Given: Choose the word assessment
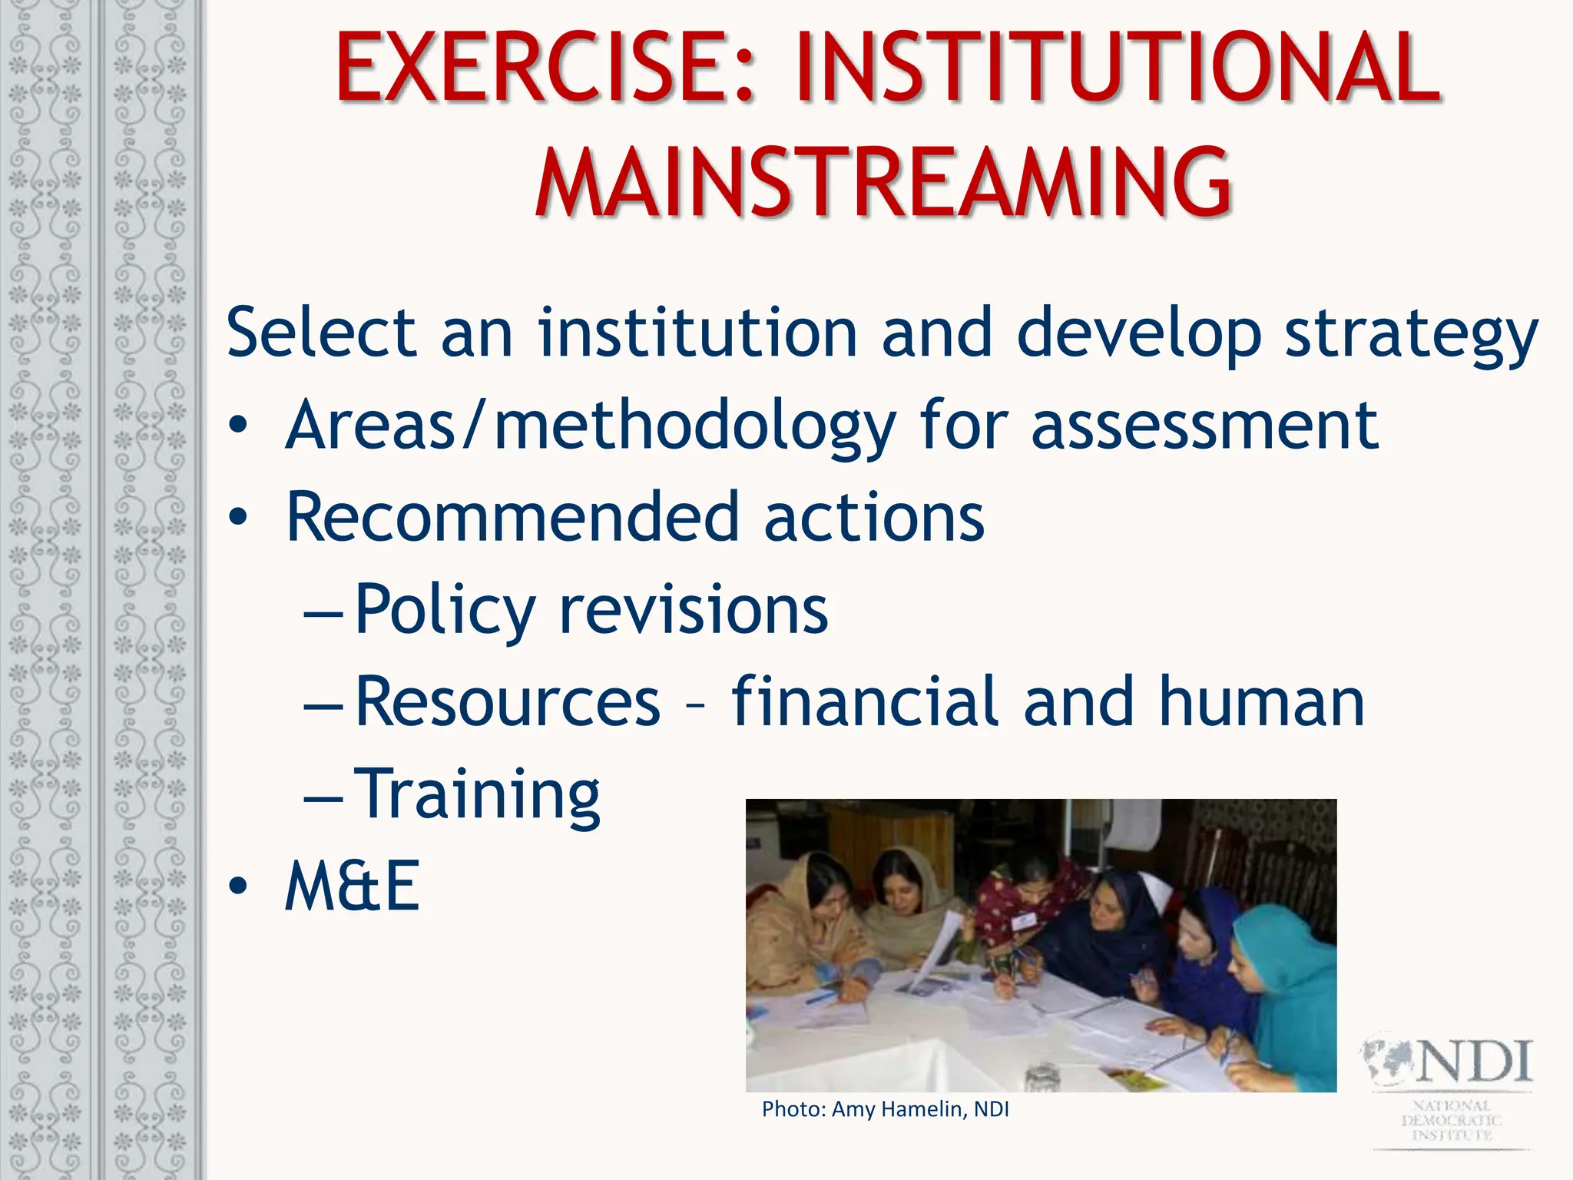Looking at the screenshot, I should [x=1204, y=427].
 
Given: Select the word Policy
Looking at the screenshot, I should [x=445, y=612].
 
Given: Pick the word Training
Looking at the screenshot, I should [x=479, y=794].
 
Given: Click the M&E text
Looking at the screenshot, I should [x=352, y=887].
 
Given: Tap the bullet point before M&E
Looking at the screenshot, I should [x=238, y=887].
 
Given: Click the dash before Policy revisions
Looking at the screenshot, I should [x=323, y=615].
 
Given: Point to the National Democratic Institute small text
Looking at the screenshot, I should [x=1452, y=1120].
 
